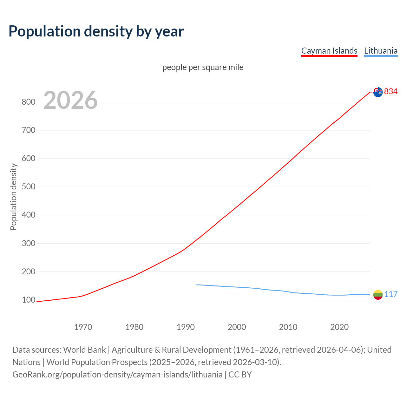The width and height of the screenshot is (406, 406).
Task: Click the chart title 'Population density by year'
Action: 96,31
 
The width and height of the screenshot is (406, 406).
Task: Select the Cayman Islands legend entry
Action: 329,51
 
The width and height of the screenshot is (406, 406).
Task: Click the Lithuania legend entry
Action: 381,51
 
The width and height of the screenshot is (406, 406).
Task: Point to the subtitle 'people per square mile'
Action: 203,67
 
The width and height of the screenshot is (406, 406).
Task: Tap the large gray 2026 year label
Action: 70,100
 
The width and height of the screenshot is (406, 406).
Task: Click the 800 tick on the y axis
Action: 28,102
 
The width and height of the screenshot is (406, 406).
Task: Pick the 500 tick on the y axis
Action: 28,187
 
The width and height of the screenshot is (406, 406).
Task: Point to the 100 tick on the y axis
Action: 28,300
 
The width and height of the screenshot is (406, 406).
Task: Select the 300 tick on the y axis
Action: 28,243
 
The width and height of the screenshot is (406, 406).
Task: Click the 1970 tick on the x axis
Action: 83,327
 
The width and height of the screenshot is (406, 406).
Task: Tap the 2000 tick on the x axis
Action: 237,327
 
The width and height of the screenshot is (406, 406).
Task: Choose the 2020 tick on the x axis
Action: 339,327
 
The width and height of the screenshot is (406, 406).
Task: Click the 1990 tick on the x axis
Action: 186,327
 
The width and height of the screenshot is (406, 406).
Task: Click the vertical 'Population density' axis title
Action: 13,197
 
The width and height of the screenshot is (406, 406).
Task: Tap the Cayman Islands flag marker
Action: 378,92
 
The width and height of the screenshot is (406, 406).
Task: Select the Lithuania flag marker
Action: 378,295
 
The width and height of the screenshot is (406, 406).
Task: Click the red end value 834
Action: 391,91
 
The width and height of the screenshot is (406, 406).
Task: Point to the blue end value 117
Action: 391,294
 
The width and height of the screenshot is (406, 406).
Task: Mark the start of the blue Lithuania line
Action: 196,285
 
